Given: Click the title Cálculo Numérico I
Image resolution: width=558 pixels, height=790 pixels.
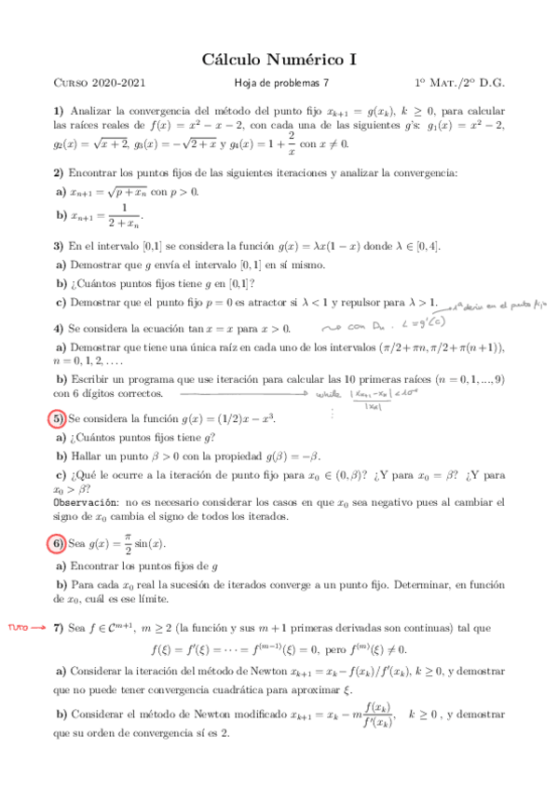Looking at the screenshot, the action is coord(279,60).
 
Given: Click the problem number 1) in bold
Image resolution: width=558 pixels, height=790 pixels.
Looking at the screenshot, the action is coord(58,110).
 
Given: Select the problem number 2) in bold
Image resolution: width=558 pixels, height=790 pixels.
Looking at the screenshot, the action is coord(58,172).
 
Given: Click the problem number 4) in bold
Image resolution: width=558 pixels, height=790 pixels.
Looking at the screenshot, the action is coord(58,328).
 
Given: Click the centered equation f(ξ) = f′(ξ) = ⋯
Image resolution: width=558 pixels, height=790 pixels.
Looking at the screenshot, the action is coord(279,649).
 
